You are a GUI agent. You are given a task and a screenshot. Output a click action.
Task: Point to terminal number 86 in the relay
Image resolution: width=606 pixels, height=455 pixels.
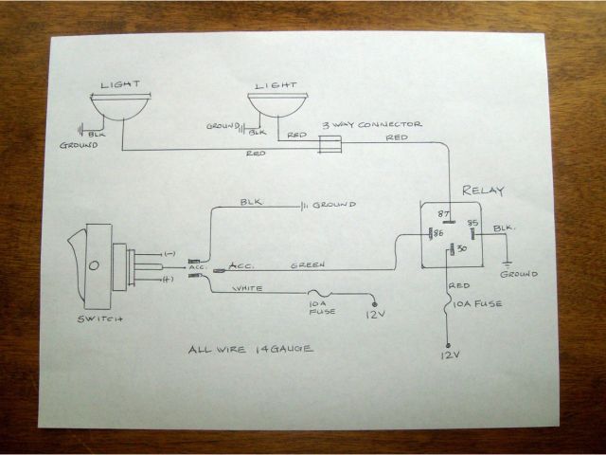click(438, 232)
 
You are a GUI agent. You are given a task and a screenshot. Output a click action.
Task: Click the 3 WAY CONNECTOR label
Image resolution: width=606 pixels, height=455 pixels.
click(372, 124)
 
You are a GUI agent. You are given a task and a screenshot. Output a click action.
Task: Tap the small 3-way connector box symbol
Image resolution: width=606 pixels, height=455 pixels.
click(329, 143)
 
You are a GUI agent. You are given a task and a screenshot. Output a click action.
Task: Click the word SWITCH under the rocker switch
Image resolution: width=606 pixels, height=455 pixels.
click(100, 318)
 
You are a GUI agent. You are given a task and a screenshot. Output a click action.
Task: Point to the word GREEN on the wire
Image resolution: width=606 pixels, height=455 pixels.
click(308, 264)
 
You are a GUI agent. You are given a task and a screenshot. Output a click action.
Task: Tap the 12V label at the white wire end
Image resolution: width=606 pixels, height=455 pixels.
click(377, 314)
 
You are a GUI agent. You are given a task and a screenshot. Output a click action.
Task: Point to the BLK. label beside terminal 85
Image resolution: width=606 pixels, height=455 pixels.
click(504, 227)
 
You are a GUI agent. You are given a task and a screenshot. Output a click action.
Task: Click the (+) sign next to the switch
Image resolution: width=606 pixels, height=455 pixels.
click(169, 280)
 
